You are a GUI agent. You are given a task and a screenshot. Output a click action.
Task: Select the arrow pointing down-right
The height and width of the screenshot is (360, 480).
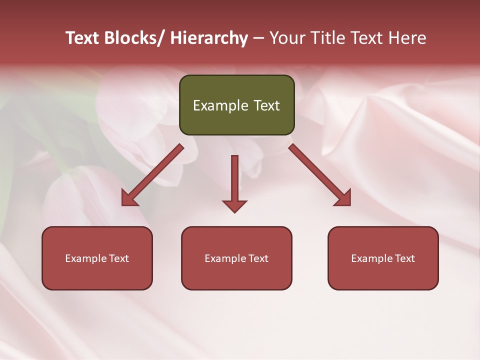[x=320, y=175]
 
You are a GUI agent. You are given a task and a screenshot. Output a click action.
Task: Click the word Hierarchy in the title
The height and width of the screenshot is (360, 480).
[x=209, y=38]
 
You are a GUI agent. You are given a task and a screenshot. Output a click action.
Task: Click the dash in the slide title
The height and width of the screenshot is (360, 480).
[x=258, y=38]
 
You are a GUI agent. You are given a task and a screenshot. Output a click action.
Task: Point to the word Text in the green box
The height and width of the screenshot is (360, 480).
[x=266, y=105]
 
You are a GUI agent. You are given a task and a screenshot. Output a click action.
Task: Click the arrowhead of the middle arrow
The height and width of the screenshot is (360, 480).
[x=234, y=205]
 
